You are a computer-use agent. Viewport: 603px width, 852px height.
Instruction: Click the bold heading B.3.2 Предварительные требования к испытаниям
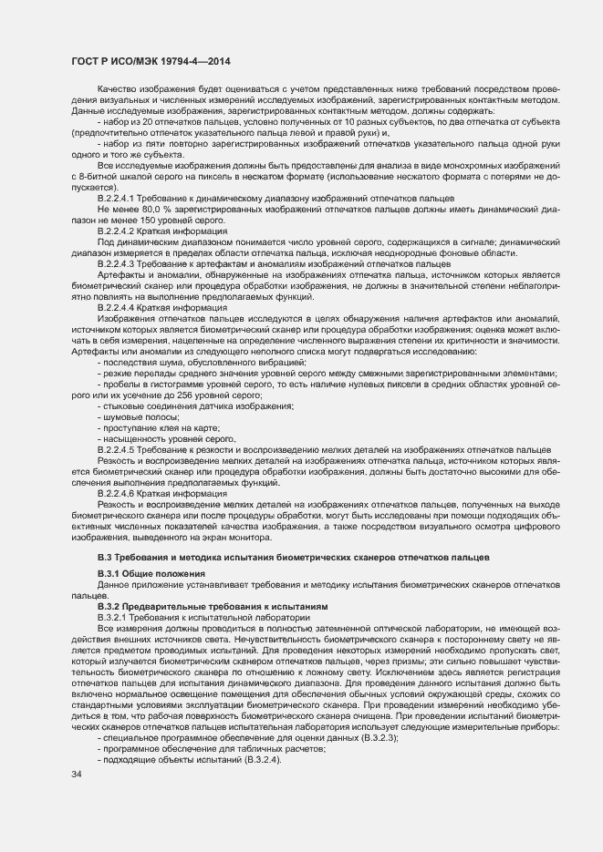[x=205, y=606]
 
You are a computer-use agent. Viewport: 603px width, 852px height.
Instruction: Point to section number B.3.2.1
[x=120, y=617]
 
